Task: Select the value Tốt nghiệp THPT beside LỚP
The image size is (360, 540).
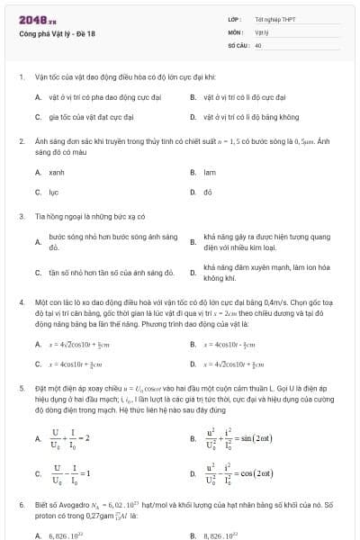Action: (274, 20)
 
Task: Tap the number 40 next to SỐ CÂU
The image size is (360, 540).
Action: (258, 44)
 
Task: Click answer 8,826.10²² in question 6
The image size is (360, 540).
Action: (221, 535)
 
